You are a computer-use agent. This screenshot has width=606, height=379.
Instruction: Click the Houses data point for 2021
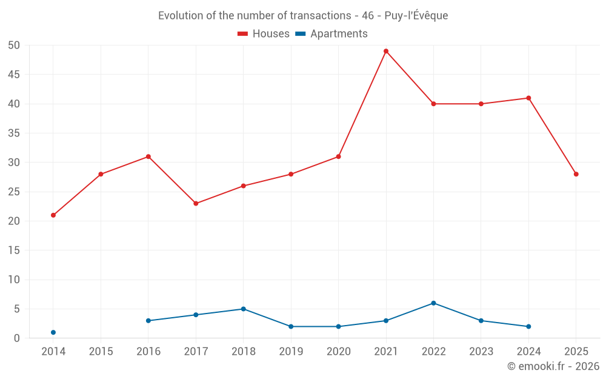click(386, 51)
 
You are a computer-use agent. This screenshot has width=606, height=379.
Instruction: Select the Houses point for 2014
click(53, 215)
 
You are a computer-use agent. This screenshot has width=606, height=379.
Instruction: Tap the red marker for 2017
click(196, 204)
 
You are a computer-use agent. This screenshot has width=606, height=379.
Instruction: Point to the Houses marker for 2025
click(576, 174)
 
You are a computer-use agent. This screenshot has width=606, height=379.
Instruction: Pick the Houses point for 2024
click(529, 98)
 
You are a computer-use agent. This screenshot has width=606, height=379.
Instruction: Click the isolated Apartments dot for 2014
click(53, 332)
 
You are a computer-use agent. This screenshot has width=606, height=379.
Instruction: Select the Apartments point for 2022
click(433, 303)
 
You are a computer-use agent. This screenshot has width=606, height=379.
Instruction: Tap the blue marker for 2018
click(243, 309)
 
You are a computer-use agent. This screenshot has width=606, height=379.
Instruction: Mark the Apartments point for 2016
click(148, 321)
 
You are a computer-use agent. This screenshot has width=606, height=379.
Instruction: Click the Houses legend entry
click(264, 34)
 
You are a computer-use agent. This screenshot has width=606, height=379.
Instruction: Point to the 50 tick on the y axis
click(15, 45)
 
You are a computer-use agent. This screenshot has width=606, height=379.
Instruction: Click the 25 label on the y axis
click(15, 192)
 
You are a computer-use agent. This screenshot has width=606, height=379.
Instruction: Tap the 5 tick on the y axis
click(18, 309)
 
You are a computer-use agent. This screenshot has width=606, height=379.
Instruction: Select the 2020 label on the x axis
click(338, 352)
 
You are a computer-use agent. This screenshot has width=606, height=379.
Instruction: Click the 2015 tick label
click(101, 352)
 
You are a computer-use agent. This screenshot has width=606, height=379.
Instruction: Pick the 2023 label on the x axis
click(481, 352)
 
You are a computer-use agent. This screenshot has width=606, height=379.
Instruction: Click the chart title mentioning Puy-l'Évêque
click(303, 16)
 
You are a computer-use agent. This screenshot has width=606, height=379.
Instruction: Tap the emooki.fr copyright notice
click(553, 366)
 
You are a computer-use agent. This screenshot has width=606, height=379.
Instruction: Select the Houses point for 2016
click(148, 156)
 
